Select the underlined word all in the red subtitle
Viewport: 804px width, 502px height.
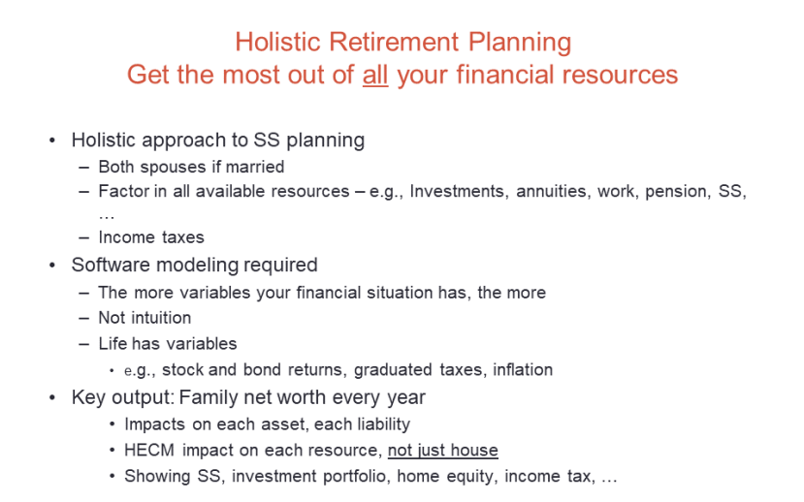pyautogui.click(x=375, y=75)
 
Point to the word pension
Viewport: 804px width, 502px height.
pyautogui.click(x=677, y=191)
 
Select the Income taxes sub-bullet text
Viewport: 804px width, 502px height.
pyautogui.click(x=151, y=237)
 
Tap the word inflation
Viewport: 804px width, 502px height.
pyautogui.click(x=520, y=369)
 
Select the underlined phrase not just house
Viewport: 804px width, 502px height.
pyautogui.click(x=442, y=450)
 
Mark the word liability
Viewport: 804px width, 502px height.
pyautogui.click(x=376, y=424)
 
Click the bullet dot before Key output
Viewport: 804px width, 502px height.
pyautogui.click(x=52, y=398)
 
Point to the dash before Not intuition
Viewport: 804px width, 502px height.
pyautogui.click(x=84, y=318)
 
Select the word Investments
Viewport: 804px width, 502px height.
pyautogui.click(x=456, y=191)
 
